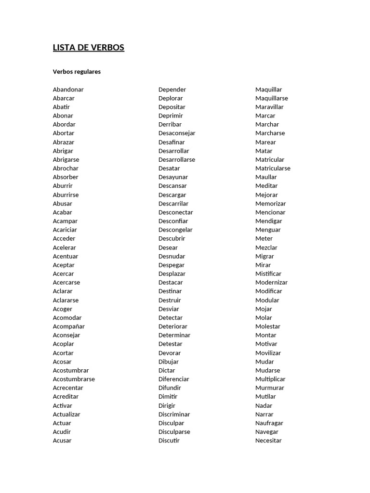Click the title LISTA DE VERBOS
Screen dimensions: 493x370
coord(89,48)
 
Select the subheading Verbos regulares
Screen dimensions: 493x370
coord(77,72)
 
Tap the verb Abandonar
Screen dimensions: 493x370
coord(68,90)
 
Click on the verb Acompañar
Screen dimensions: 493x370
coord(68,326)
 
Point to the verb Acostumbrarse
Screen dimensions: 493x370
coord(74,379)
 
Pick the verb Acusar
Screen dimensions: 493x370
coord(62,441)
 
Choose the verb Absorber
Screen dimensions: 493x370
coord(66,177)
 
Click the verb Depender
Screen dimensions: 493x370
coord(172,90)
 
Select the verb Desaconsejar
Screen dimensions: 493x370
coord(177,133)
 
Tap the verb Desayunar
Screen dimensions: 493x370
coord(173,177)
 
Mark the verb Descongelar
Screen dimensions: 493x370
coord(175,230)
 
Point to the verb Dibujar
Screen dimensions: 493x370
coord(169,362)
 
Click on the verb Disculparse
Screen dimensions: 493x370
coord(174,432)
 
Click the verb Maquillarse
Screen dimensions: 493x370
coord(272,98)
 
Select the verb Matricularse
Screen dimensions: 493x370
coord(273,169)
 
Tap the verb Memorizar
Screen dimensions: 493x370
coord(270,204)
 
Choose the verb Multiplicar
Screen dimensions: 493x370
coord(270,379)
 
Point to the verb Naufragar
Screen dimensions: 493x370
coord(269,423)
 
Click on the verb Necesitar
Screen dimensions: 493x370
coord(268,441)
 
